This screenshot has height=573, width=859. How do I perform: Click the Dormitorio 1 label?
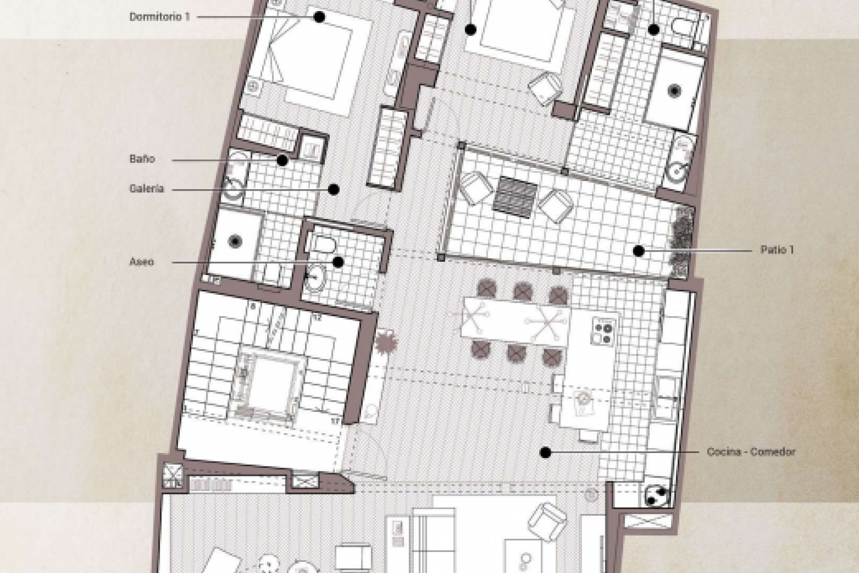tap(160, 17)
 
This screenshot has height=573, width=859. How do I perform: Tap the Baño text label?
tap(142, 159)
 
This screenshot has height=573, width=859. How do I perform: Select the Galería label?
tap(147, 189)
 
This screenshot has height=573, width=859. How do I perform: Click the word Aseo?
tap(142, 262)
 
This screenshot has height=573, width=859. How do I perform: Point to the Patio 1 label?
tap(777, 250)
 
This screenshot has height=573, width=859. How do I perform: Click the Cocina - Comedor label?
tap(751, 452)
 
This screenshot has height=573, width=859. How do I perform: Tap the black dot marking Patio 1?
tap(639, 251)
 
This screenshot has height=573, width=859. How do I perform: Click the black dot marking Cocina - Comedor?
tap(545, 453)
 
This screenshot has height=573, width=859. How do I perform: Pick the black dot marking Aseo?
tap(338, 262)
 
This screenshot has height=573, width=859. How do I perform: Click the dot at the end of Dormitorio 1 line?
tap(319, 17)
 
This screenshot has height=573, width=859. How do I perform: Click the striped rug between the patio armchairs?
tap(515, 197)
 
